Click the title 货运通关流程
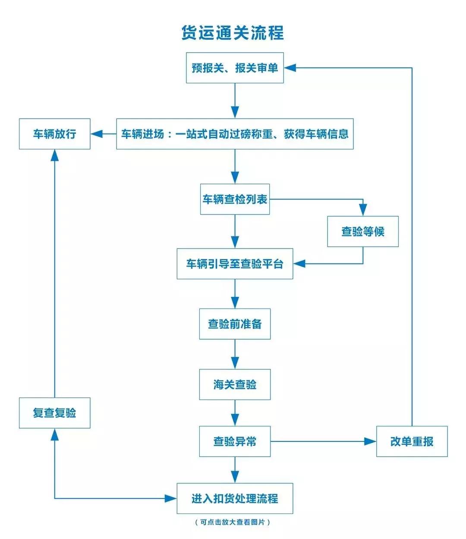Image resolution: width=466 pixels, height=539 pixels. (x=233, y=33)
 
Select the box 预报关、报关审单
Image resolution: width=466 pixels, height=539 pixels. (x=235, y=68)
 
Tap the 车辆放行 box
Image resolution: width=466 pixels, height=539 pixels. (x=55, y=134)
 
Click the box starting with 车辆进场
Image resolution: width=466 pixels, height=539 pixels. (x=235, y=134)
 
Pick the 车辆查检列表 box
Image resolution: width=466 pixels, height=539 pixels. (x=235, y=199)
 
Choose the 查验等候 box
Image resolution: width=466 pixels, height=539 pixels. (x=362, y=231)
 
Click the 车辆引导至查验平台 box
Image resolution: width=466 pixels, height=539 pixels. (x=235, y=264)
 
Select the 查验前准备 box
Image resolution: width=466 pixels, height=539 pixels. (x=235, y=324)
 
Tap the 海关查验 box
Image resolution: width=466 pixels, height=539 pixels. (x=235, y=384)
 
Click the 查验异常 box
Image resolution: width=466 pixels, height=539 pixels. (x=235, y=441)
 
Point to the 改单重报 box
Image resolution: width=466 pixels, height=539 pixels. (x=412, y=441)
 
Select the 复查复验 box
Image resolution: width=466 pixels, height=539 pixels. (x=55, y=413)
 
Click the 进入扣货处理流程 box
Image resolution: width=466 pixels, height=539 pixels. (x=235, y=498)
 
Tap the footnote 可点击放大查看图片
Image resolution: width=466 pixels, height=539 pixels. (x=233, y=522)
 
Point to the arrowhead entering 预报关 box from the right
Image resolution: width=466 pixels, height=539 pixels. (x=290, y=68)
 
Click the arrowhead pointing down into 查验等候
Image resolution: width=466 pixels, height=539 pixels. (x=363, y=211)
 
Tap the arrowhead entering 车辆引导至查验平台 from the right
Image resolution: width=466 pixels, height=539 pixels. (x=299, y=264)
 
